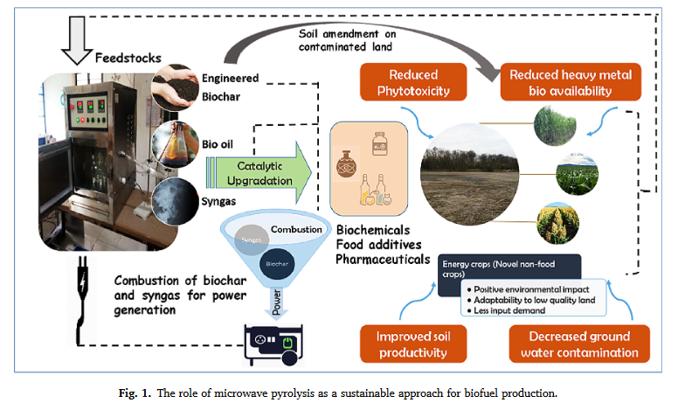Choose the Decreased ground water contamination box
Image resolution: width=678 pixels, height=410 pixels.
tap(578, 344)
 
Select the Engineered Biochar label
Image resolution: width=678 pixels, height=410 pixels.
tap(228, 87)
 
